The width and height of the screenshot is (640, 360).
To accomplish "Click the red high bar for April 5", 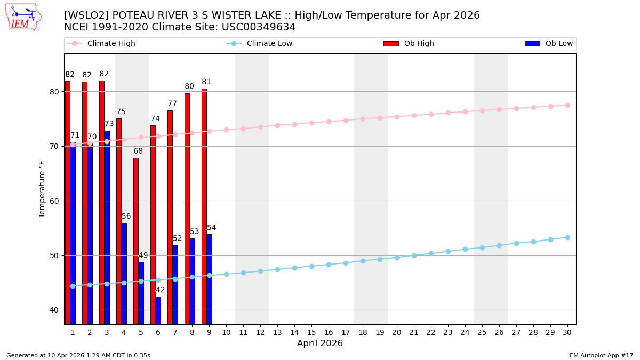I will tap(136, 240).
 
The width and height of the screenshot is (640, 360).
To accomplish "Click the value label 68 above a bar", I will tap(138, 151).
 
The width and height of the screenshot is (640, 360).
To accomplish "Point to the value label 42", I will tap(160, 290).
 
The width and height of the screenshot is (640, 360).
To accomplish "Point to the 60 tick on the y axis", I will tap(54, 201).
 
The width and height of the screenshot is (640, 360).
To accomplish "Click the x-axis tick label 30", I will tap(567, 332).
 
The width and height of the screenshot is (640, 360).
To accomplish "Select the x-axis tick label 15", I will tap(311, 332).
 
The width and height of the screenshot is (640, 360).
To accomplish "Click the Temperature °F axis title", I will tap(42, 189).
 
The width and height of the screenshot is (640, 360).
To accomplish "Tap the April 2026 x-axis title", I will tap(320, 343).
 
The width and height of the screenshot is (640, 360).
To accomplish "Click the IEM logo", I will tap(23, 17).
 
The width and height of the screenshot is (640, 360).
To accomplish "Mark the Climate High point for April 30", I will tap(567, 105).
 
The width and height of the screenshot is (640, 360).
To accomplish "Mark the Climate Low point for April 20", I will tap(397, 258).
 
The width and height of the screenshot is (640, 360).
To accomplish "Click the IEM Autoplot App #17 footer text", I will tap(601, 355).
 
